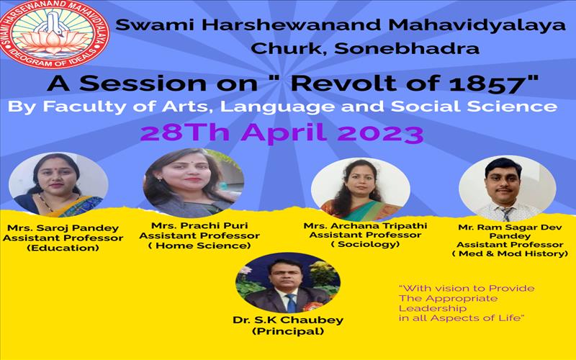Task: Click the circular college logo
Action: [54, 34]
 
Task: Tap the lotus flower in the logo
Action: [54, 42]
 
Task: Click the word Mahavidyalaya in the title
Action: [477, 26]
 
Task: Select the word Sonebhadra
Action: [407, 48]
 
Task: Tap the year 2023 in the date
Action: [381, 132]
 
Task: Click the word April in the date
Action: [283, 132]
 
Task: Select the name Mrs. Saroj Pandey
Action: [63, 228]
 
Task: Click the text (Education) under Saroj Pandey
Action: [63, 248]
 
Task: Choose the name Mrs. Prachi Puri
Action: [199, 225]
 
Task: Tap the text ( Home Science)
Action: [199, 246]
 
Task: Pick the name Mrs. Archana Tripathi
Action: [365, 225]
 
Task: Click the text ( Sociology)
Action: [365, 244]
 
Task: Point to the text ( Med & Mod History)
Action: [510, 253]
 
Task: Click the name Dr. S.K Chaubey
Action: [288, 320]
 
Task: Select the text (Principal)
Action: [288, 331]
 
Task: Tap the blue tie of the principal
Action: [292, 303]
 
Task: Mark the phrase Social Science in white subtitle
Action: [474, 107]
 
